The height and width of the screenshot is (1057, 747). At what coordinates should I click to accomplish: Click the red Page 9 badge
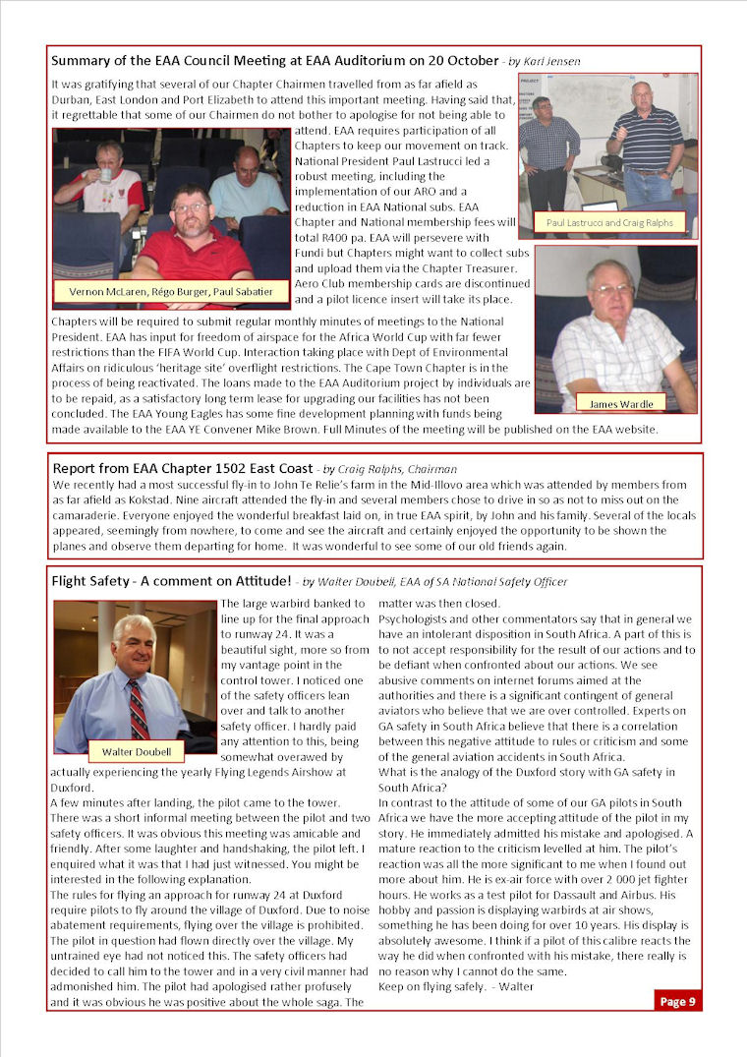click(x=678, y=1001)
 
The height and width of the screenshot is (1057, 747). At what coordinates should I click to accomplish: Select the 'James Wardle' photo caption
click(x=615, y=403)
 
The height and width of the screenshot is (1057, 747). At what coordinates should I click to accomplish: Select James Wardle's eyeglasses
click(x=611, y=290)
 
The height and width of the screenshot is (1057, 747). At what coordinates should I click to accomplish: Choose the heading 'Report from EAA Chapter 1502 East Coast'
click(x=182, y=469)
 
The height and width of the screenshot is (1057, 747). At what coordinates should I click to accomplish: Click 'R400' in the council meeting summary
click(x=328, y=237)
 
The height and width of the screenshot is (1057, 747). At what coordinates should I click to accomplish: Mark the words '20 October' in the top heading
click(x=460, y=61)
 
